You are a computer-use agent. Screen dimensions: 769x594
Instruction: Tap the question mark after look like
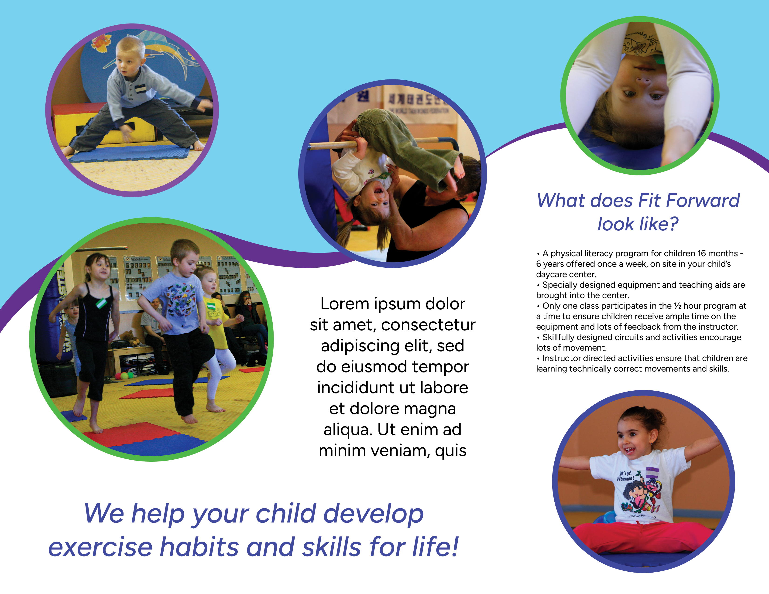pyautogui.click(x=673, y=224)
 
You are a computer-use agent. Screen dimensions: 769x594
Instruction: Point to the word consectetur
pyautogui.click(x=428, y=325)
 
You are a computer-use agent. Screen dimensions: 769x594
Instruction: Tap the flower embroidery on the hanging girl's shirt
pyautogui.click(x=371, y=172)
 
